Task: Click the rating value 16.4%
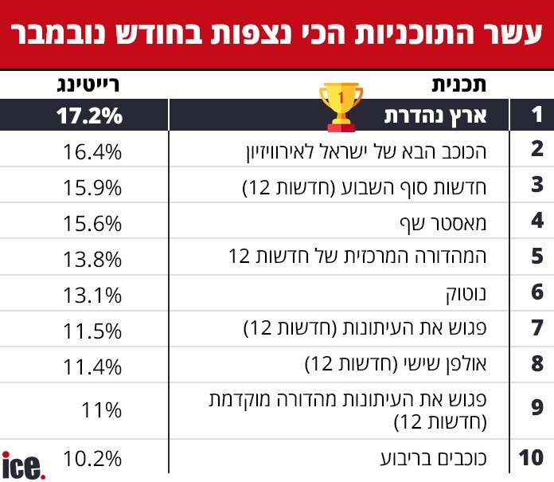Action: (x=92, y=151)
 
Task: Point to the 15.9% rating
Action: (x=92, y=187)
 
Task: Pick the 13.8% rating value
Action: (x=92, y=257)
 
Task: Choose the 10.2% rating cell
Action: (x=92, y=458)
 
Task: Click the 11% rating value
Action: (x=101, y=410)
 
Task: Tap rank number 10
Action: (x=531, y=458)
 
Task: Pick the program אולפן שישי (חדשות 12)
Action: (x=414, y=366)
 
